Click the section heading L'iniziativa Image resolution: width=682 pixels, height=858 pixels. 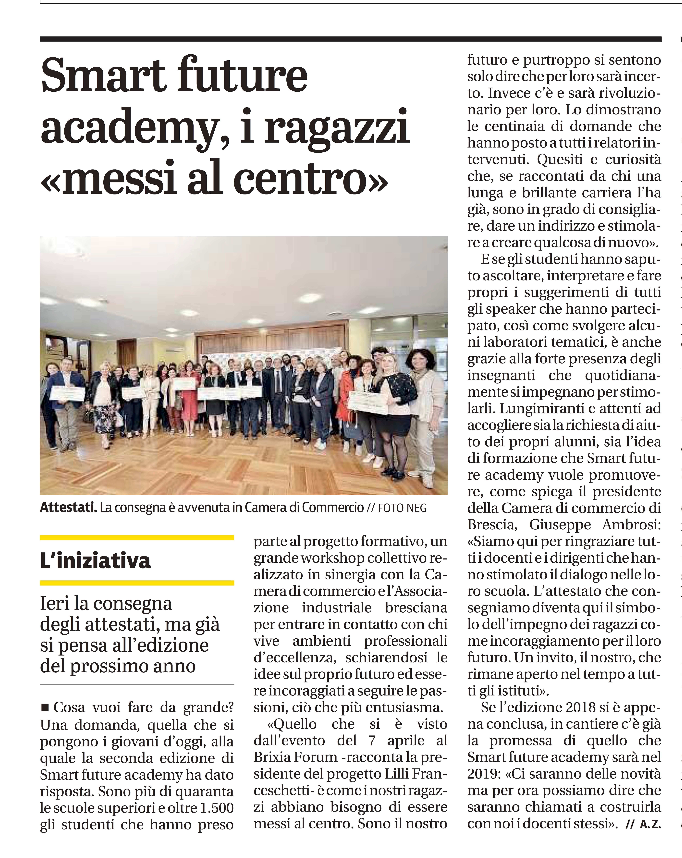[96, 561]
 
